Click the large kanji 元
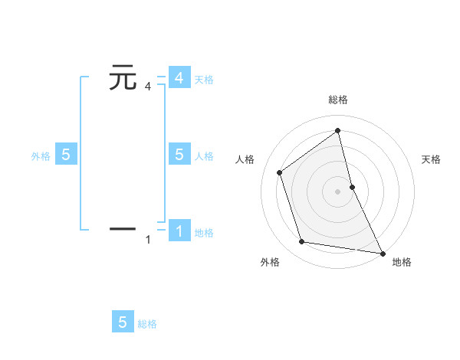pos(123,78)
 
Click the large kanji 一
pos(123,228)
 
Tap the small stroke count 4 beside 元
pos(148,87)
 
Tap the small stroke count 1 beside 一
pos(148,240)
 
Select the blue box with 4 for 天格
pos(179,78)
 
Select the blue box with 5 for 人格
pos(179,154)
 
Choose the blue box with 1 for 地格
pos(179,231)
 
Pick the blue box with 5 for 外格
pos(66,154)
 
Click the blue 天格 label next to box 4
pos(204,80)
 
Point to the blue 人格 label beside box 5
pos(204,156)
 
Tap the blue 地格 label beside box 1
pos(204,233)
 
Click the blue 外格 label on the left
pos(41,156)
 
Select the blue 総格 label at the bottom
pos(147,324)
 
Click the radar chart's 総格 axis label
pos(338,100)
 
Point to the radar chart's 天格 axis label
pos(431,159)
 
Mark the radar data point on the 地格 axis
pos(382,252)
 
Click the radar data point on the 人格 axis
pos(280,172)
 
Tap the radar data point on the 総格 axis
pos(338,131)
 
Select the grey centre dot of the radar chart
pos(338,191)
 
